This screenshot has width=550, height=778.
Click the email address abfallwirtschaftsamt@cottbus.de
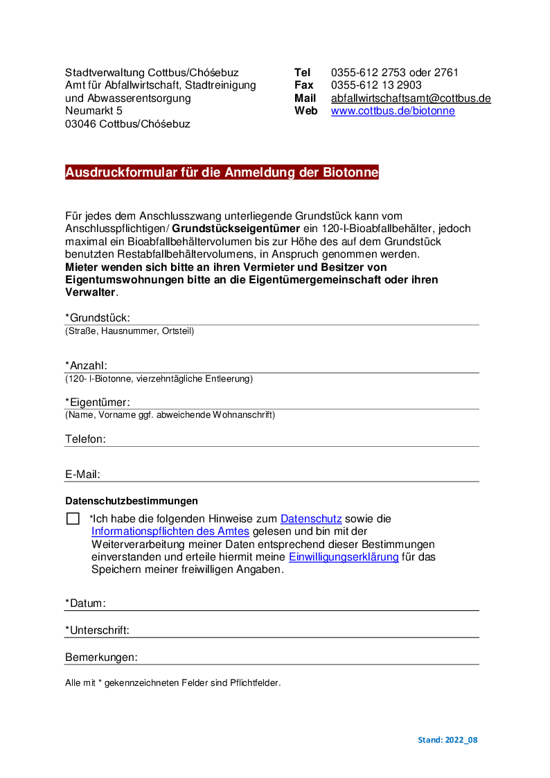pos(411,98)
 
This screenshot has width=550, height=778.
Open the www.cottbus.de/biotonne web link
pos(393,111)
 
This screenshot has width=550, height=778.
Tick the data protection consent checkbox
pos(73,519)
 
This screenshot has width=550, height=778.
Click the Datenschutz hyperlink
pos(311,518)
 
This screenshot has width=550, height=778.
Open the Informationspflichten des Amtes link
pos(170,531)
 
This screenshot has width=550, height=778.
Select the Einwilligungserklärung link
pos(344,557)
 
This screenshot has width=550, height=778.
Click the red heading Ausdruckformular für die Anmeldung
pos(222,173)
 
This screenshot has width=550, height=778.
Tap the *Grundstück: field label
pos(98,318)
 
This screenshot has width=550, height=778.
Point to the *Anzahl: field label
pos(87,366)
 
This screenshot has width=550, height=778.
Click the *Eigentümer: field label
pos(98,403)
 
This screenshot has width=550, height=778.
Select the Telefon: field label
pos(85,439)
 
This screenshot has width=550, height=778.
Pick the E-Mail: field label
pos(83,475)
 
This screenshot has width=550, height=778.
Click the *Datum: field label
pos(85,603)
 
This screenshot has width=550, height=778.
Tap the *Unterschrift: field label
pos(98,630)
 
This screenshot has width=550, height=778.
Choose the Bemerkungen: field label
pos(101,657)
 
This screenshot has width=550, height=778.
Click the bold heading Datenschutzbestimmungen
pos(132,501)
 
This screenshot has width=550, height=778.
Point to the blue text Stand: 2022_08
pos(447,740)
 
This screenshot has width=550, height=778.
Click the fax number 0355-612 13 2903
pos(376,85)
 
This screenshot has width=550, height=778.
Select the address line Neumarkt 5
pos(94,111)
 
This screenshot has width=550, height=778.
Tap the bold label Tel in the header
pos(302,73)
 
